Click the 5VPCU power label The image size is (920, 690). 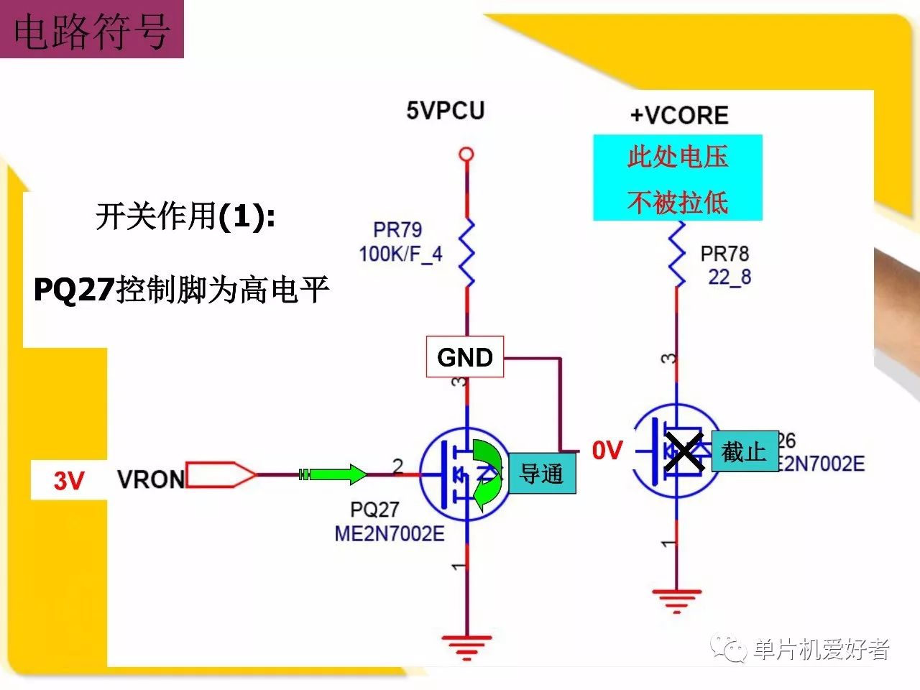pyautogui.click(x=445, y=111)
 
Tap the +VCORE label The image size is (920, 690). pyautogui.click(x=679, y=116)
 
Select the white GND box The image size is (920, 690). pyautogui.click(x=465, y=356)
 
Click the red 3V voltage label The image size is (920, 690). pyautogui.click(x=69, y=480)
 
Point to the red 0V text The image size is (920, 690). pyautogui.click(x=607, y=451)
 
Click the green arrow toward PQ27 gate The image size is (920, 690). pyautogui.click(x=333, y=474)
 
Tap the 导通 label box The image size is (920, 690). pyautogui.click(x=542, y=473)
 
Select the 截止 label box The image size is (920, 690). pyautogui.click(x=745, y=451)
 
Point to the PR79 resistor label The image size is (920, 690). pyautogui.click(x=397, y=230)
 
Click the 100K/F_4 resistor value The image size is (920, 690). pyautogui.click(x=400, y=253)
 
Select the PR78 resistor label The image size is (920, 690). pyautogui.click(x=724, y=254)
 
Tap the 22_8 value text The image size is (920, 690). pyautogui.click(x=730, y=277)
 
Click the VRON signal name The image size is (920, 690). pyautogui.click(x=151, y=479)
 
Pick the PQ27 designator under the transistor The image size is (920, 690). pyautogui.click(x=374, y=510)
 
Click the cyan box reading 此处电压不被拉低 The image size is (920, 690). pyautogui.click(x=677, y=178)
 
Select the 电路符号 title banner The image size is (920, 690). pyautogui.click(x=92, y=30)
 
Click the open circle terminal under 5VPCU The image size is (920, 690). pyautogui.click(x=466, y=154)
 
